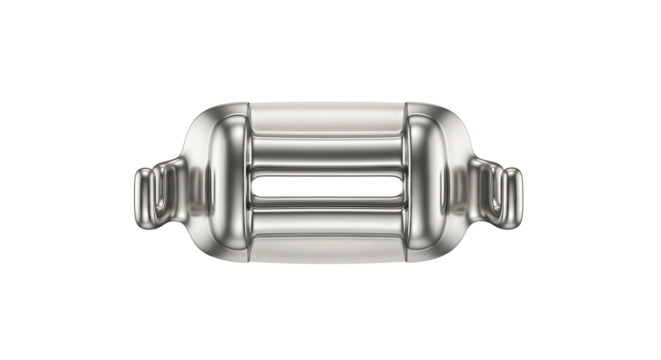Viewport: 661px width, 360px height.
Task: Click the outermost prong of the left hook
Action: [141, 190]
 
